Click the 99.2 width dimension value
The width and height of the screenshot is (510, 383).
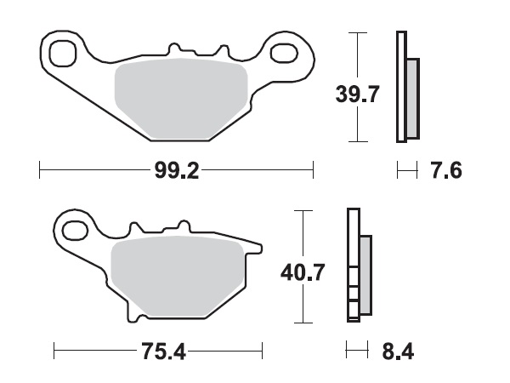pyautogui.click(x=176, y=171)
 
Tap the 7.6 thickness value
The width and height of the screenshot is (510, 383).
pyautogui.click(x=446, y=171)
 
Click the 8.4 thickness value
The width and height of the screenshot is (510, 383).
pyautogui.click(x=396, y=351)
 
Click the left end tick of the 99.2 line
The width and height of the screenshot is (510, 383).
pyautogui.click(x=40, y=171)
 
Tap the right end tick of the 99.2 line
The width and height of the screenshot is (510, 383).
pyautogui.click(x=314, y=171)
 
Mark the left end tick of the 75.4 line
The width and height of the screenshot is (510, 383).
pyautogui.click(x=54, y=351)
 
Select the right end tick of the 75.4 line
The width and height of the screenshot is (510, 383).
pyautogui.click(x=262, y=351)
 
